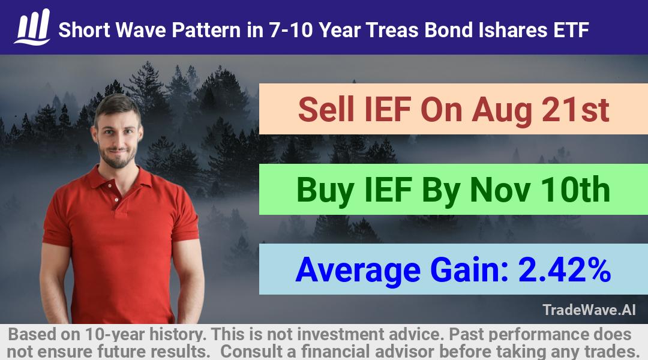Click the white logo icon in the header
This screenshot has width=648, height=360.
32,27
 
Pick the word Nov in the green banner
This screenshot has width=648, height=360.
500,190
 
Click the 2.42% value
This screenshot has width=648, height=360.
565,270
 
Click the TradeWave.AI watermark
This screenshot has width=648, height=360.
589,310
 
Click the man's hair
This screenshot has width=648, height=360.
117,106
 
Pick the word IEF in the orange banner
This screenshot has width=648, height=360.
387,110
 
